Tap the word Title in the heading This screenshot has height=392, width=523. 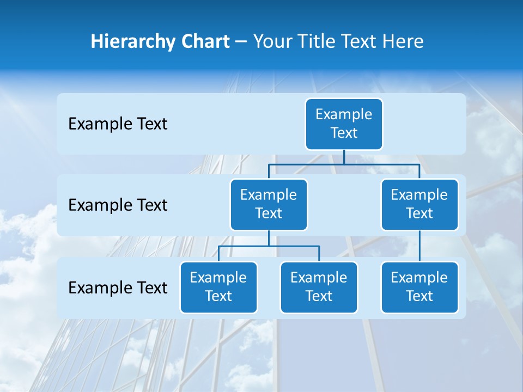click(315, 42)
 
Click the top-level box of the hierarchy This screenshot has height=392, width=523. click(344, 124)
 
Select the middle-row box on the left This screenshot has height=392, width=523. click(269, 204)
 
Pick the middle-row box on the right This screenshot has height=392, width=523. click(419, 204)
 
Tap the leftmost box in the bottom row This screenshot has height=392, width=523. click(218, 287)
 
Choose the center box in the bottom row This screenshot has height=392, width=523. click(319, 287)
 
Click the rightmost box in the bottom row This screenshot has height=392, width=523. click(419, 287)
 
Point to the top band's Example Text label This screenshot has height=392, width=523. click(118, 124)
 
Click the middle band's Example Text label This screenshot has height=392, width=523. click(118, 205)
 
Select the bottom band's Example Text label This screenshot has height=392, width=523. click(118, 287)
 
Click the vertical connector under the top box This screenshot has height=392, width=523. click(344, 157)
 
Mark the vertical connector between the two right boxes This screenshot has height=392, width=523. click(419, 246)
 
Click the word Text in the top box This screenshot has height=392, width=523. click(344, 133)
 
